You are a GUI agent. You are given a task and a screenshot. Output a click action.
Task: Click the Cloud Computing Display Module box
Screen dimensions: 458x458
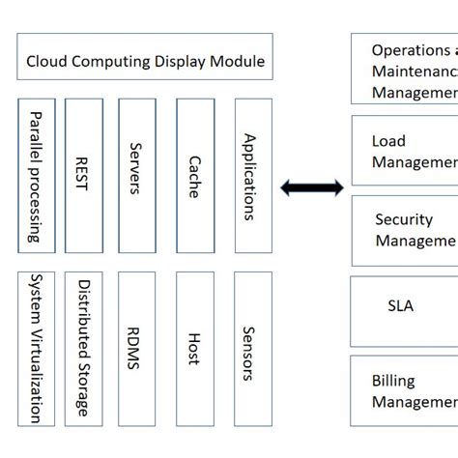click(x=145, y=58)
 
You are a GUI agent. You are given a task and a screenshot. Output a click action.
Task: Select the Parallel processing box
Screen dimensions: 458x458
click(x=37, y=175)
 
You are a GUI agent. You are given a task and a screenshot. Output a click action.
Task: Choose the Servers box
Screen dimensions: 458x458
click(x=136, y=175)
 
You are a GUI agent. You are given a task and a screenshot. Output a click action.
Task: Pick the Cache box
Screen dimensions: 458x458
click(x=195, y=175)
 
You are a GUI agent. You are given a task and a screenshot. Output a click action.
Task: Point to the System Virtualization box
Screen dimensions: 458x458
click(x=37, y=348)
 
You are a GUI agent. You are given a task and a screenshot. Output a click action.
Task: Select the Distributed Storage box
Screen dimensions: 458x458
click(x=84, y=348)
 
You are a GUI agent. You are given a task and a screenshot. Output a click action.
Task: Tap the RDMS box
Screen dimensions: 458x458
click(x=136, y=348)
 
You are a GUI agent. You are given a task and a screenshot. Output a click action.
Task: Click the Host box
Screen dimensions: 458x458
click(x=195, y=348)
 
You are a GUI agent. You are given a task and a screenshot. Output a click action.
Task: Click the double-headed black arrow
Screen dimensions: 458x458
click(x=311, y=187)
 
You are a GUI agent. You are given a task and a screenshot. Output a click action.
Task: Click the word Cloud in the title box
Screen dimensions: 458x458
click(x=47, y=62)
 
